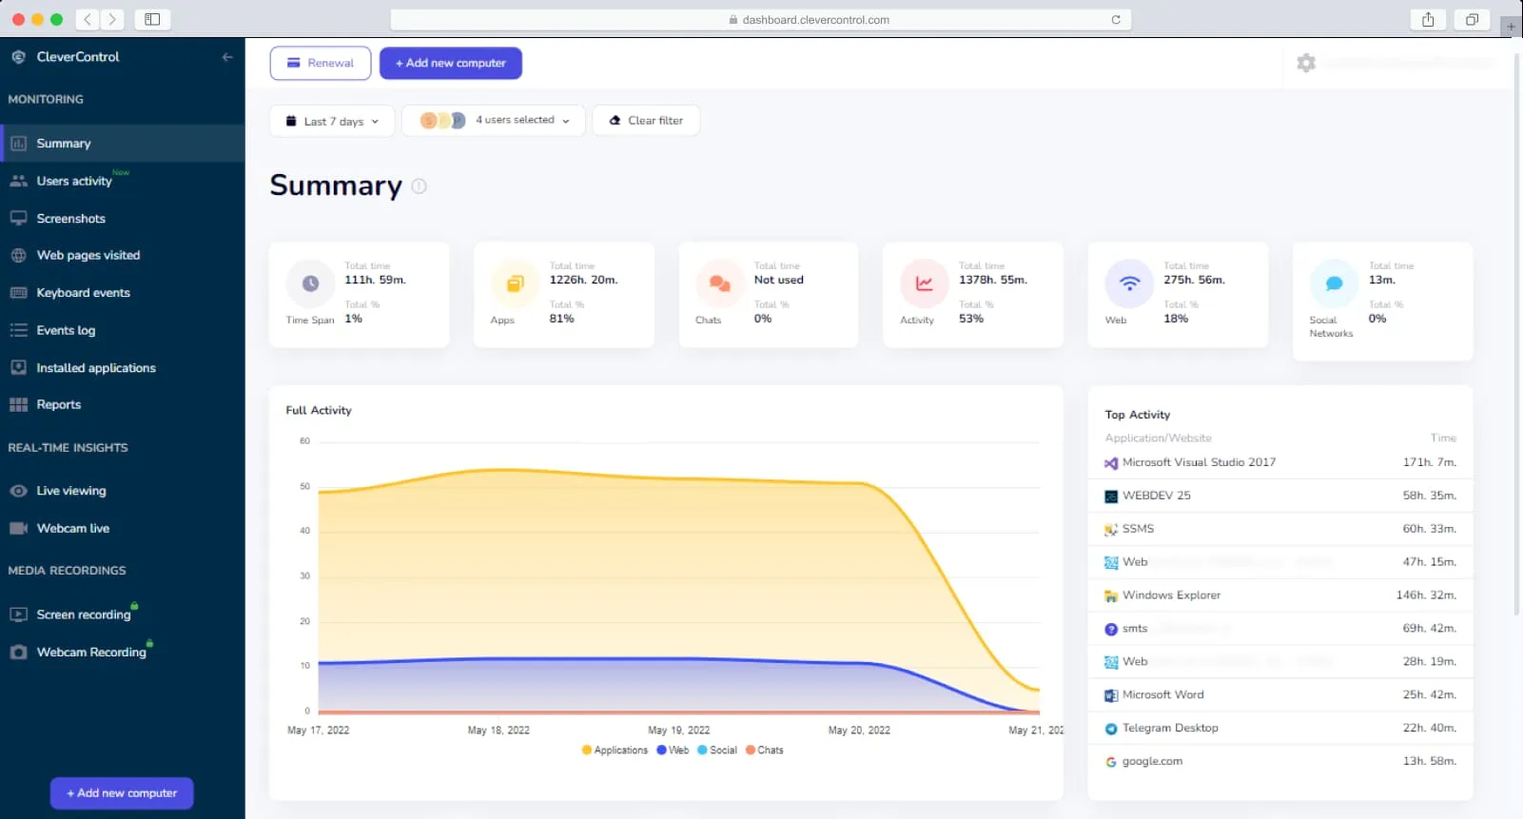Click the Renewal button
pyautogui.click(x=320, y=63)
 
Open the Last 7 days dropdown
pyautogui.click(x=332, y=121)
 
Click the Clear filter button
pyautogui.click(x=646, y=121)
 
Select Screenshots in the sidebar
pyautogui.click(x=70, y=219)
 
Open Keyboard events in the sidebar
pyautogui.click(x=83, y=293)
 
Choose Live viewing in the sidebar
pyautogui.click(x=70, y=491)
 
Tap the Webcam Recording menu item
pyautogui.click(x=91, y=653)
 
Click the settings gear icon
pyautogui.click(x=1306, y=63)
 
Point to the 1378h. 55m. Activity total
pyautogui.click(x=992, y=280)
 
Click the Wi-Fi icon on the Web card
pyautogui.click(x=1129, y=283)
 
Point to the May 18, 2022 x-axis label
pyautogui.click(x=498, y=731)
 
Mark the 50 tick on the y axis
pyautogui.click(x=304, y=486)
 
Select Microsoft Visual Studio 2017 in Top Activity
pyautogui.click(x=1199, y=462)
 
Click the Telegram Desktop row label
pyautogui.click(x=1170, y=728)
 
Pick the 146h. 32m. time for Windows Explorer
pyautogui.click(x=1425, y=595)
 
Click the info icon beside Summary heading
pyautogui.click(x=420, y=186)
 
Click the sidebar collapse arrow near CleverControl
pyautogui.click(x=227, y=57)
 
